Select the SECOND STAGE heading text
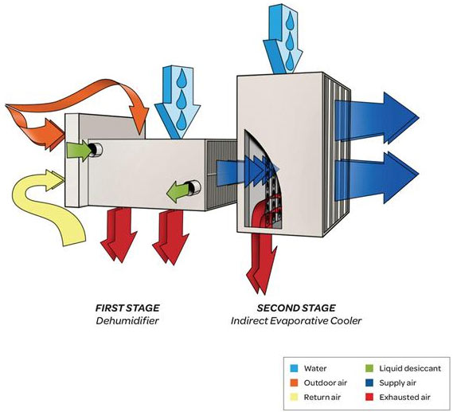coord(296,307)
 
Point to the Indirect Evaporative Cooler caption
coord(296,320)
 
